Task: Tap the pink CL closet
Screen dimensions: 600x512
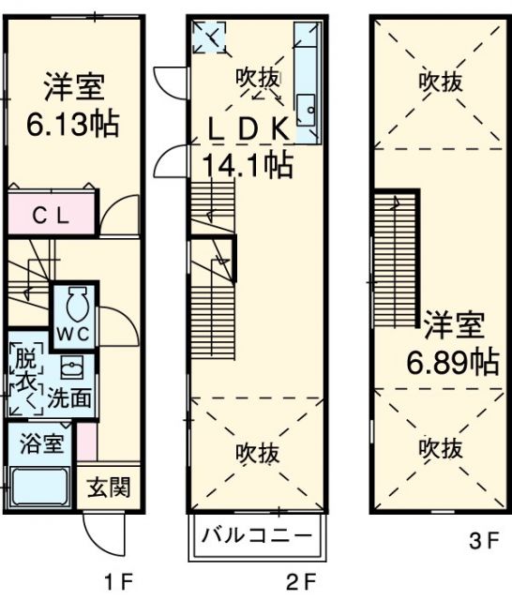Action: [x=53, y=215]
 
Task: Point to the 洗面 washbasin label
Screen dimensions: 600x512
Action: [x=70, y=397]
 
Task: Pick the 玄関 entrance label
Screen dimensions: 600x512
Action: [x=109, y=487]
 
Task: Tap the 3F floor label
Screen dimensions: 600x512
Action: [x=481, y=541]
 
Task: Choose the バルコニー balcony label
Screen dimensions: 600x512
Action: [x=257, y=538]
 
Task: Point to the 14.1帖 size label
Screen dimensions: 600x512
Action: [x=247, y=166]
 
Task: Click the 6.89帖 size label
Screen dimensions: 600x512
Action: [x=452, y=361]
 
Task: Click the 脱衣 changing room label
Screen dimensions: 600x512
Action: [x=23, y=370]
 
